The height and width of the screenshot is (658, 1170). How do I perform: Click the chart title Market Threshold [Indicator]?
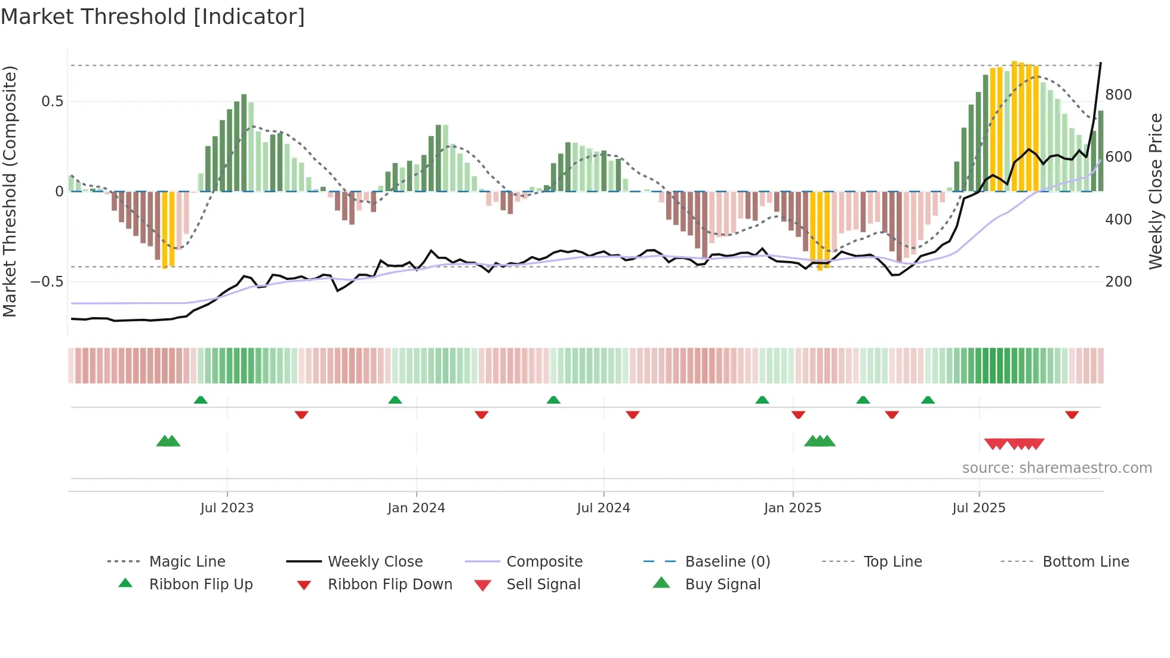(x=153, y=17)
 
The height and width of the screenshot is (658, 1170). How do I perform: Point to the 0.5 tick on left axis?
(x=52, y=102)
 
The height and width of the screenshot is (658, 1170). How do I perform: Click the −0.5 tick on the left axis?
(x=47, y=281)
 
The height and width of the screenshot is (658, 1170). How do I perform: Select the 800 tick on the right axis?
(x=1118, y=95)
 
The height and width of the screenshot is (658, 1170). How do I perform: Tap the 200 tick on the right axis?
(x=1118, y=282)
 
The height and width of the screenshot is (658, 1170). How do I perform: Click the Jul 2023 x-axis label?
(x=227, y=508)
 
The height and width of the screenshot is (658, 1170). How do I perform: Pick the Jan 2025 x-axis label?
(x=792, y=508)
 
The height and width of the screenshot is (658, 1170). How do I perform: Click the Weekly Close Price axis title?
(x=1156, y=191)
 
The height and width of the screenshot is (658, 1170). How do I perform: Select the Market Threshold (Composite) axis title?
(x=10, y=191)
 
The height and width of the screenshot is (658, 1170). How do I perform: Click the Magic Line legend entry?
(x=187, y=562)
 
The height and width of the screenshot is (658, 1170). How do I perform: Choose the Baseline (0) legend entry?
(x=727, y=562)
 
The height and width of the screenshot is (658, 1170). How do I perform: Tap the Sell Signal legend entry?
(x=543, y=585)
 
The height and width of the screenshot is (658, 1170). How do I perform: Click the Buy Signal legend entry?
(x=722, y=585)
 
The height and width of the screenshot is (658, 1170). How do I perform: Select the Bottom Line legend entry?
(x=1085, y=562)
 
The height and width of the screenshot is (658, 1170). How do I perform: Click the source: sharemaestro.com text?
(x=1057, y=468)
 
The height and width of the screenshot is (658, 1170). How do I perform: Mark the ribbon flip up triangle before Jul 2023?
(x=201, y=400)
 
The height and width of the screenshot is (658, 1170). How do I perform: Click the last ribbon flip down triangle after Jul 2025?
(x=1072, y=414)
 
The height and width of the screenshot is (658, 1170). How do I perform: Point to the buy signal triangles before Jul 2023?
(x=168, y=441)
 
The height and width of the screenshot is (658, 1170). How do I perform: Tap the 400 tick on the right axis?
(x=1118, y=220)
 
